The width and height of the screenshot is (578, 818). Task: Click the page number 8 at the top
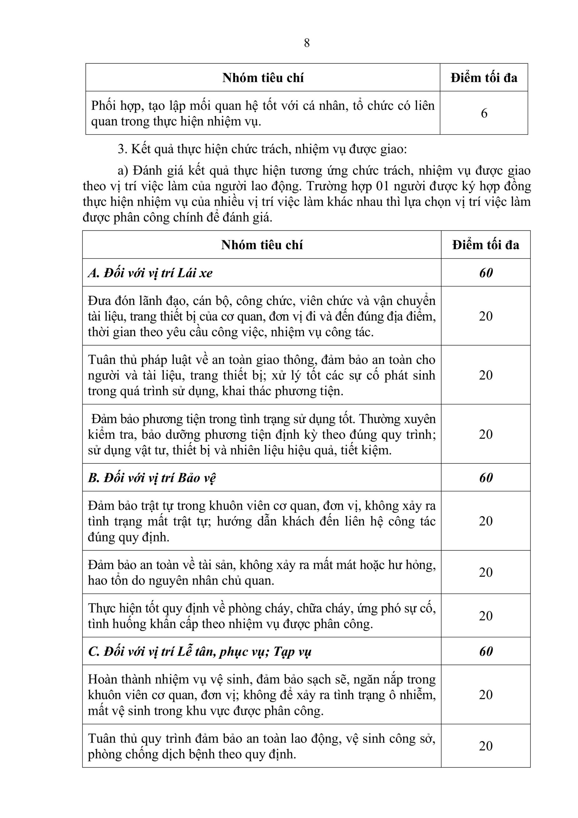[x=307, y=43]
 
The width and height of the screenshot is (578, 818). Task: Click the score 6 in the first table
[x=484, y=113]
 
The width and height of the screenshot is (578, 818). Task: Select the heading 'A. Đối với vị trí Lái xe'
[x=150, y=273]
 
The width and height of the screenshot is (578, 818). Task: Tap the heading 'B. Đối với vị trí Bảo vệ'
[x=152, y=478]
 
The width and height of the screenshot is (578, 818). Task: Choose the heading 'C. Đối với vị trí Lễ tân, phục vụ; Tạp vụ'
[x=200, y=652]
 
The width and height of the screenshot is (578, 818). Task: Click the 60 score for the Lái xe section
[x=486, y=273]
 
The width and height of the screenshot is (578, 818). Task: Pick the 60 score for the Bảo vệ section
[x=486, y=478]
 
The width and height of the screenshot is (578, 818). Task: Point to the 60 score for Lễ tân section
[x=486, y=652]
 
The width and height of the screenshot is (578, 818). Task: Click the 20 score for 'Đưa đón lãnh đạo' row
[x=486, y=316]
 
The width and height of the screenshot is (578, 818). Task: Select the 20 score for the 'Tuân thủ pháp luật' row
[x=486, y=375]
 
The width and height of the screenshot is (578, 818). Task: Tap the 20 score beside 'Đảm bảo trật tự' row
[x=486, y=521]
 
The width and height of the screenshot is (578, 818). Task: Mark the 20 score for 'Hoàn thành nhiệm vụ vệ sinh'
[x=486, y=695]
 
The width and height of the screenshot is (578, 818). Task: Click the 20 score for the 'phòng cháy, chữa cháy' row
[x=486, y=616]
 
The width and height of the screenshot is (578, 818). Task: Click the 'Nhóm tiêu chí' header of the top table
[x=263, y=78]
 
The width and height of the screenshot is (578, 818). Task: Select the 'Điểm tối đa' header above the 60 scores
[x=486, y=245]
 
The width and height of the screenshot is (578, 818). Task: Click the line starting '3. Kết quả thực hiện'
[x=262, y=149]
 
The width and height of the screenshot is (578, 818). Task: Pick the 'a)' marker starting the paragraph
[x=123, y=171]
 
